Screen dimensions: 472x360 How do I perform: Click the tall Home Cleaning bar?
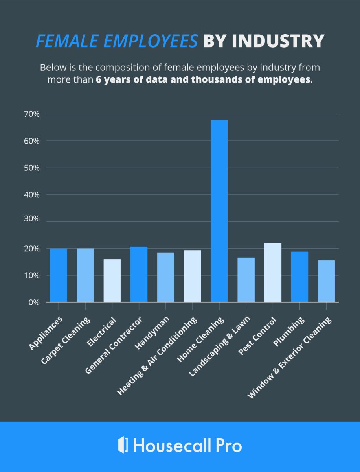point(219,211)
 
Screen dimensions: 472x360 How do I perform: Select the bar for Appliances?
point(59,275)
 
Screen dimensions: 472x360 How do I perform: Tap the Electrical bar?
point(112,280)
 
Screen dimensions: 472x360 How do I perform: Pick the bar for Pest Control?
point(273,273)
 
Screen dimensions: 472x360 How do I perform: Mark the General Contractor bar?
point(139,274)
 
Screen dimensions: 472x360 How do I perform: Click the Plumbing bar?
point(299,277)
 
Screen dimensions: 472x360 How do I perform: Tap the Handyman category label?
point(153,334)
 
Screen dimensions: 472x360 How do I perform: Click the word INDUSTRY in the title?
point(277,41)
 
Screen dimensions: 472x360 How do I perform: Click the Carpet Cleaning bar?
point(85,275)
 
